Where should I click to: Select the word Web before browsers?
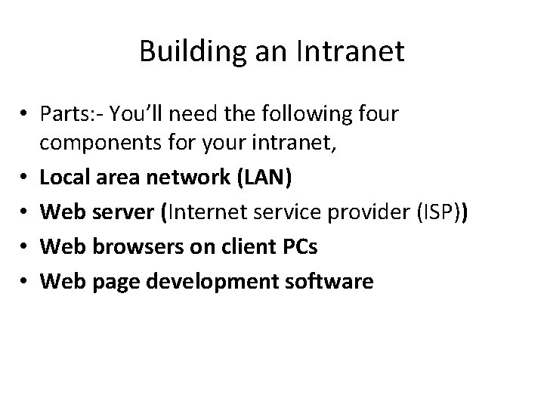(x=60, y=248)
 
